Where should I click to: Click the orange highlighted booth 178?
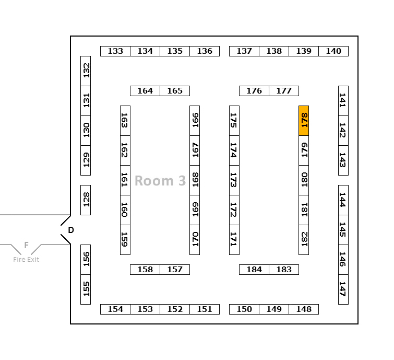click(x=304, y=121)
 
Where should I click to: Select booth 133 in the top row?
click(x=115, y=51)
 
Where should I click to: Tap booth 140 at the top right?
click(x=333, y=51)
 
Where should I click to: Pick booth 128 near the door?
click(x=86, y=200)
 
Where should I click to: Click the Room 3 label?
click(x=160, y=181)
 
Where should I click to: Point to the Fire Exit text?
click(x=26, y=260)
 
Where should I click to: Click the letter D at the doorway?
click(x=71, y=230)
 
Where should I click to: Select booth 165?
click(x=175, y=91)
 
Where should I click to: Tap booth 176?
click(x=254, y=91)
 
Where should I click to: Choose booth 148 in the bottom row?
click(x=304, y=309)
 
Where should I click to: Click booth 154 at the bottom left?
click(x=115, y=309)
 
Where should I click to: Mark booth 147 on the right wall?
click(x=343, y=289)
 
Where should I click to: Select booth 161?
click(x=125, y=180)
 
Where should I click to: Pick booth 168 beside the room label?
click(x=195, y=180)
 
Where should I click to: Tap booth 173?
click(x=234, y=180)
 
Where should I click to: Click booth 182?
click(x=304, y=240)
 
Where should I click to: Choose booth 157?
click(x=175, y=270)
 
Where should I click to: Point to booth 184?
click(x=254, y=270)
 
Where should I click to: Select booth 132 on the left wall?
click(x=86, y=71)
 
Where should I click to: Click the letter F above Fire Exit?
click(x=26, y=245)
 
